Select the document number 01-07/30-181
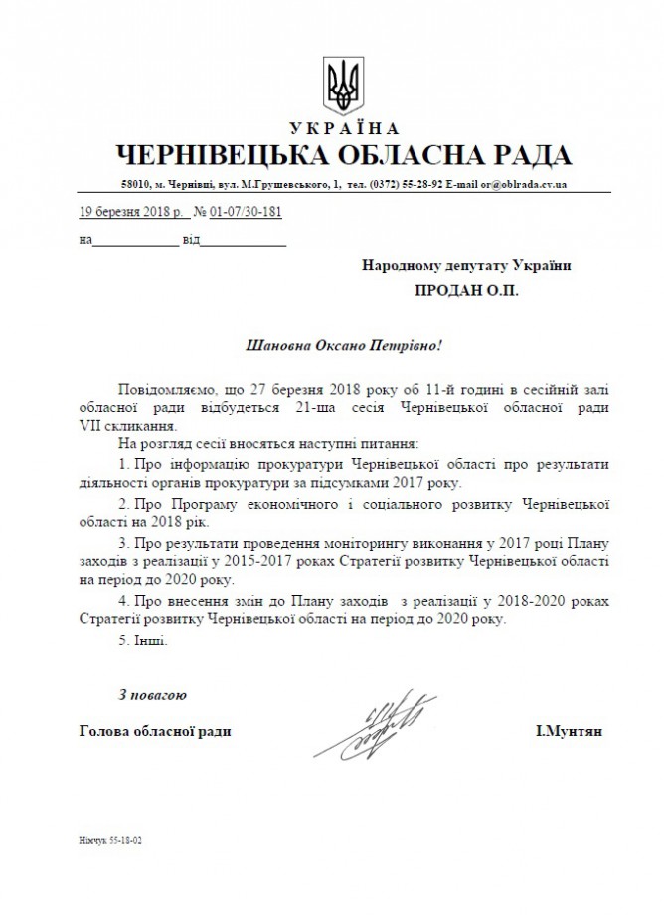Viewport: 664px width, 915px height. [x=247, y=212]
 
